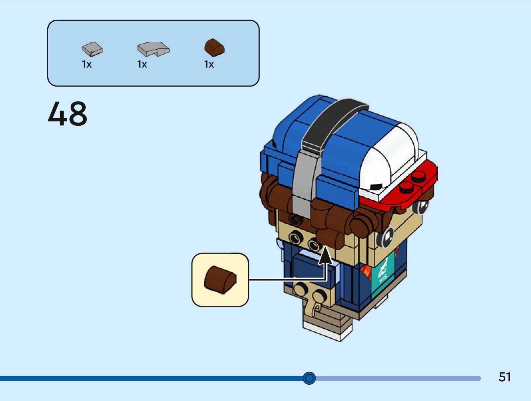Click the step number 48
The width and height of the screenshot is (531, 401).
pyautogui.click(x=68, y=114)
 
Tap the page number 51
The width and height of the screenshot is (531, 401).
pyautogui.click(x=504, y=377)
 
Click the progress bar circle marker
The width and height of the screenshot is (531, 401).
pyautogui.click(x=309, y=378)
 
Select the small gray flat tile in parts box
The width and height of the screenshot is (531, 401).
pyautogui.click(x=92, y=49)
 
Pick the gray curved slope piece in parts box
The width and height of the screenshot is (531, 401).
pyautogui.click(x=153, y=49)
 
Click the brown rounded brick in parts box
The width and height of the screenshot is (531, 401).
pyautogui.click(x=215, y=48)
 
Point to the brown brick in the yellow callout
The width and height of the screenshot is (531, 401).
pyautogui.click(x=220, y=279)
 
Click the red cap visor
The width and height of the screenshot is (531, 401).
pyautogui.click(x=413, y=190)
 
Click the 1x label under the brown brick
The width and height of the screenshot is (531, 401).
pyautogui.click(x=209, y=64)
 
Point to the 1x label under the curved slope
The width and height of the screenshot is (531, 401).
pyautogui.click(x=142, y=64)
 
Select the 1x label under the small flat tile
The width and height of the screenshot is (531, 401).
pyautogui.click(x=87, y=64)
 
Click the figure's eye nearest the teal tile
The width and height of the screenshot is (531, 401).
pyautogui.click(x=386, y=237)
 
